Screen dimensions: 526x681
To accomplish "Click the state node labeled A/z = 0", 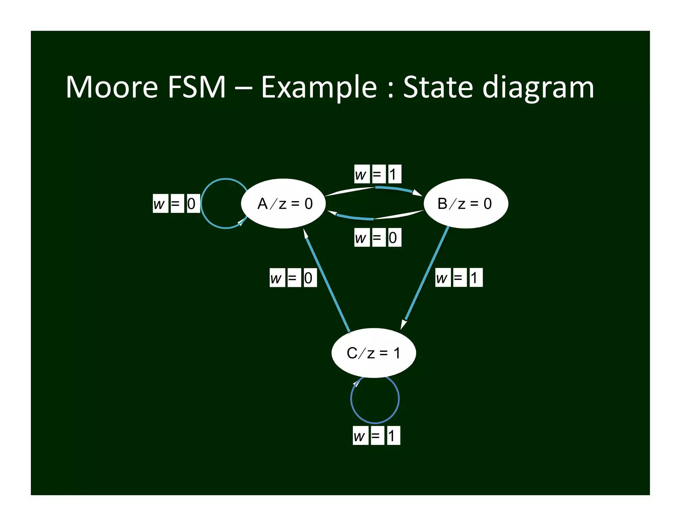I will tap(283, 203).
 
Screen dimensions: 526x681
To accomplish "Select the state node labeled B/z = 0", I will tap(466, 203).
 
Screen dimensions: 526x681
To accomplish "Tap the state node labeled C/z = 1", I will tap(373, 353).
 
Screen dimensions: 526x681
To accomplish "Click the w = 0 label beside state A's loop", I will tap(176, 203).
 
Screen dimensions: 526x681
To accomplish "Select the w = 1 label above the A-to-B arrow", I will tap(377, 174).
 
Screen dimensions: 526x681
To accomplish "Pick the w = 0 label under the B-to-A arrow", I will tap(377, 237).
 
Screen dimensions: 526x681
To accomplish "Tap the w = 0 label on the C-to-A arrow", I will tap(293, 278).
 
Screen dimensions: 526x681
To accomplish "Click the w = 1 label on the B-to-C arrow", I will tap(459, 277).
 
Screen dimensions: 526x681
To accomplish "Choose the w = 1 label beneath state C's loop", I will tap(376, 435).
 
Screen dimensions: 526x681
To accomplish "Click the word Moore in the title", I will tap(112, 87).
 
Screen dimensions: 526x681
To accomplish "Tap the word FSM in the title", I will tap(196, 87).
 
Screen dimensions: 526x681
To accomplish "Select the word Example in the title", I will tap(319, 88).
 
